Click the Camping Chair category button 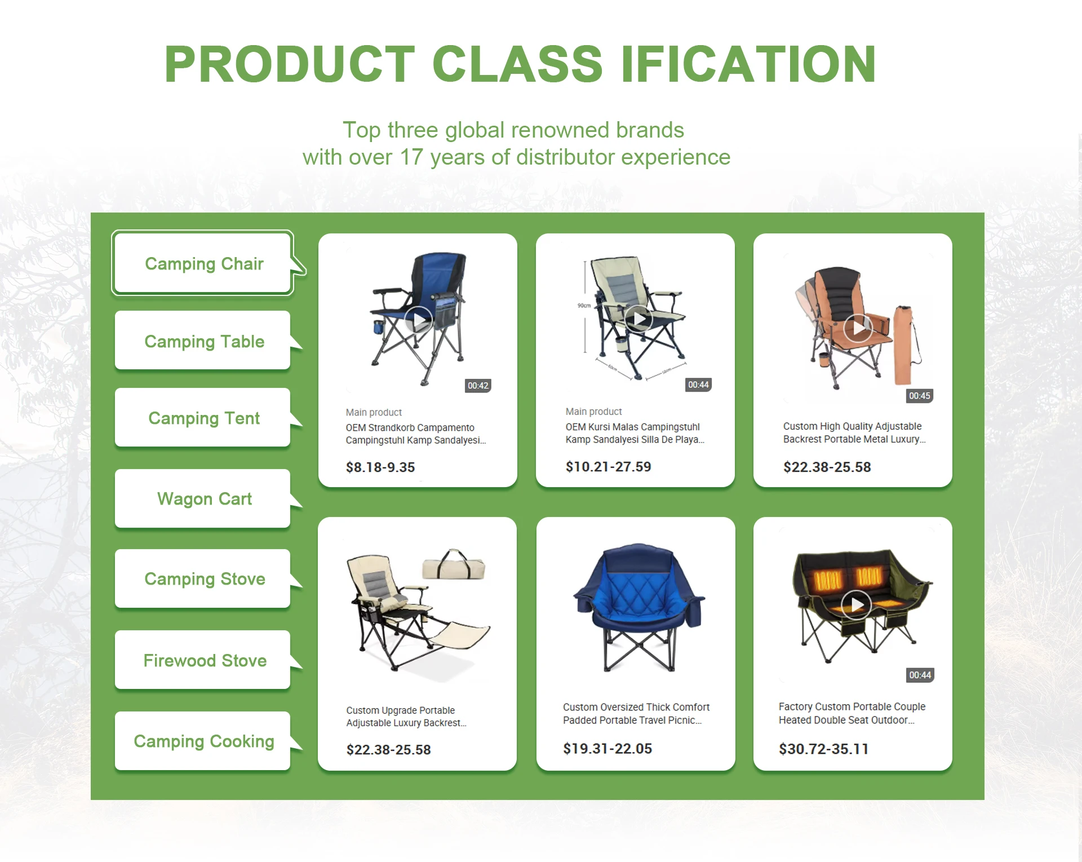(203, 263)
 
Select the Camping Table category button (203, 341)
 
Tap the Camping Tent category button (203, 418)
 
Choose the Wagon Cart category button (203, 499)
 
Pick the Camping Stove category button (203, 579)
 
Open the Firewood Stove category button (203, 660)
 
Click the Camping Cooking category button (203, 741)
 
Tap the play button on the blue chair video (419, 321)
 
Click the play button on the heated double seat (857, 605)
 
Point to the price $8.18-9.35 (380, 467)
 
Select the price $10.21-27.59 (608, 467)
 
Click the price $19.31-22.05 (607, 749)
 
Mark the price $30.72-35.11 (823, 749)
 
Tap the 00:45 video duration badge (920, 396)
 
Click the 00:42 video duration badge (478, 386)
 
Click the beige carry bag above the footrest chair (454, 565)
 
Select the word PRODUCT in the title (290, 64)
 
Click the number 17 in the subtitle (411, 157)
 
